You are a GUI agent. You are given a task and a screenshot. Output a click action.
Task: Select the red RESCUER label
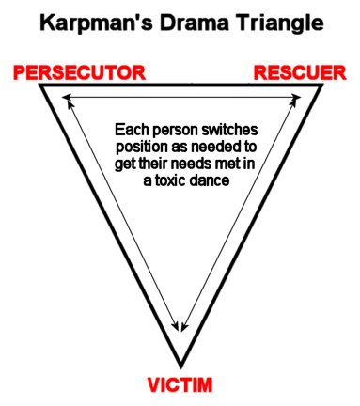(x=288, y=71)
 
